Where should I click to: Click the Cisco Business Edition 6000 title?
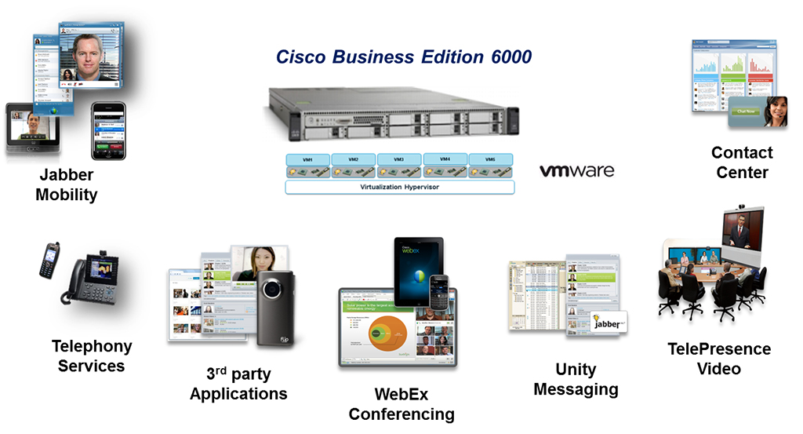[403, 57]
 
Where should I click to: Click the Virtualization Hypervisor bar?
[399, 188]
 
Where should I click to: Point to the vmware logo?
[576, 170]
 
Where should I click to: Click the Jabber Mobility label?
[66, 185]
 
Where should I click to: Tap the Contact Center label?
[741, 162]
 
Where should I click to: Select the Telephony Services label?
[91, 356]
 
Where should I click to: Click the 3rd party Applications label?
[238, 383]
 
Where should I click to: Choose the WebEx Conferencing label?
[401, 404]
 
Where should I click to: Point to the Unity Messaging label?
[576, 379]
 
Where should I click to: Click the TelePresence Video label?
[718, 359]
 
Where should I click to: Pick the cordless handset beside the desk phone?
[49, 260]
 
